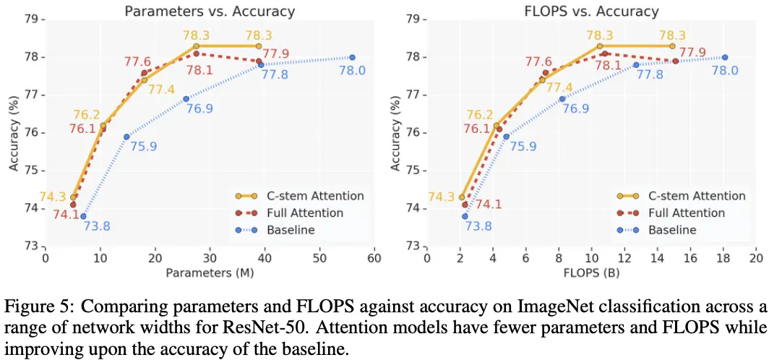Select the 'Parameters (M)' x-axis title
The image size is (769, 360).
click(x=210, y=273)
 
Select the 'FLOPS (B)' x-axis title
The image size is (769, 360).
click(x=591, y=273)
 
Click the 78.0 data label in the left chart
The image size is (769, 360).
click(x=353, y=71)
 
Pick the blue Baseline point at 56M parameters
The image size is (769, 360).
click(x=352, y=57)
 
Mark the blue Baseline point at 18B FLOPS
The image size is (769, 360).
click(x=724, y=57)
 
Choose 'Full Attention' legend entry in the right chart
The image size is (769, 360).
click(x=687, y=213)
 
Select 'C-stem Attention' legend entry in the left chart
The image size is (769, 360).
click(x=320, y=195)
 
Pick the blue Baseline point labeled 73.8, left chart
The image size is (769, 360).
click(x=83, y=215)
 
